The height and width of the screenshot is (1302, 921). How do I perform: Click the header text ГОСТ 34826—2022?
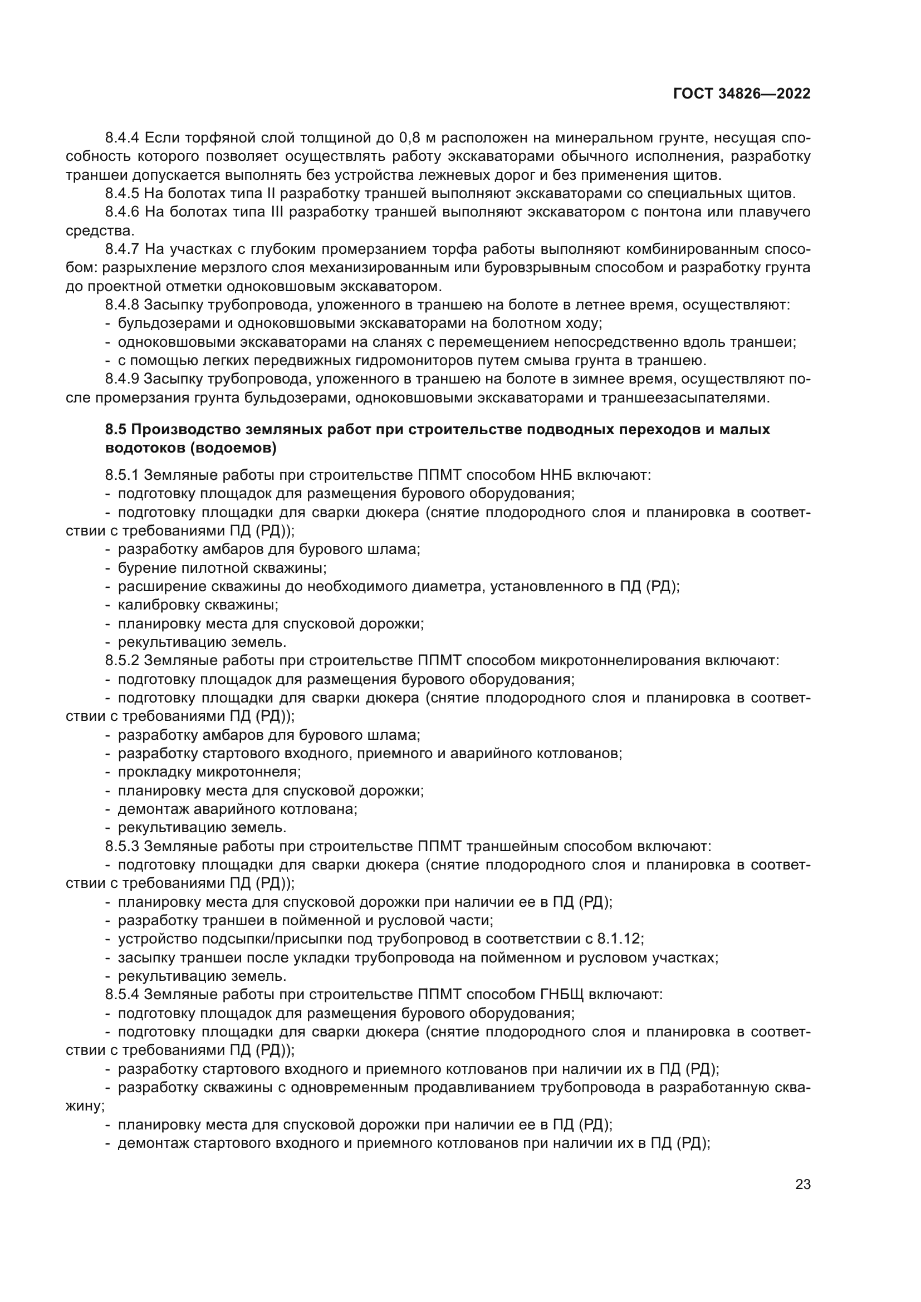point(741,94)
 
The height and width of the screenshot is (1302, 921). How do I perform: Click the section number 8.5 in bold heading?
point(116,429)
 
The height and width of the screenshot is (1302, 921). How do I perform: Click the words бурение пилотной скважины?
point(222,568)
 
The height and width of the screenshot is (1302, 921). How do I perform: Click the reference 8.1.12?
point(620,939)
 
